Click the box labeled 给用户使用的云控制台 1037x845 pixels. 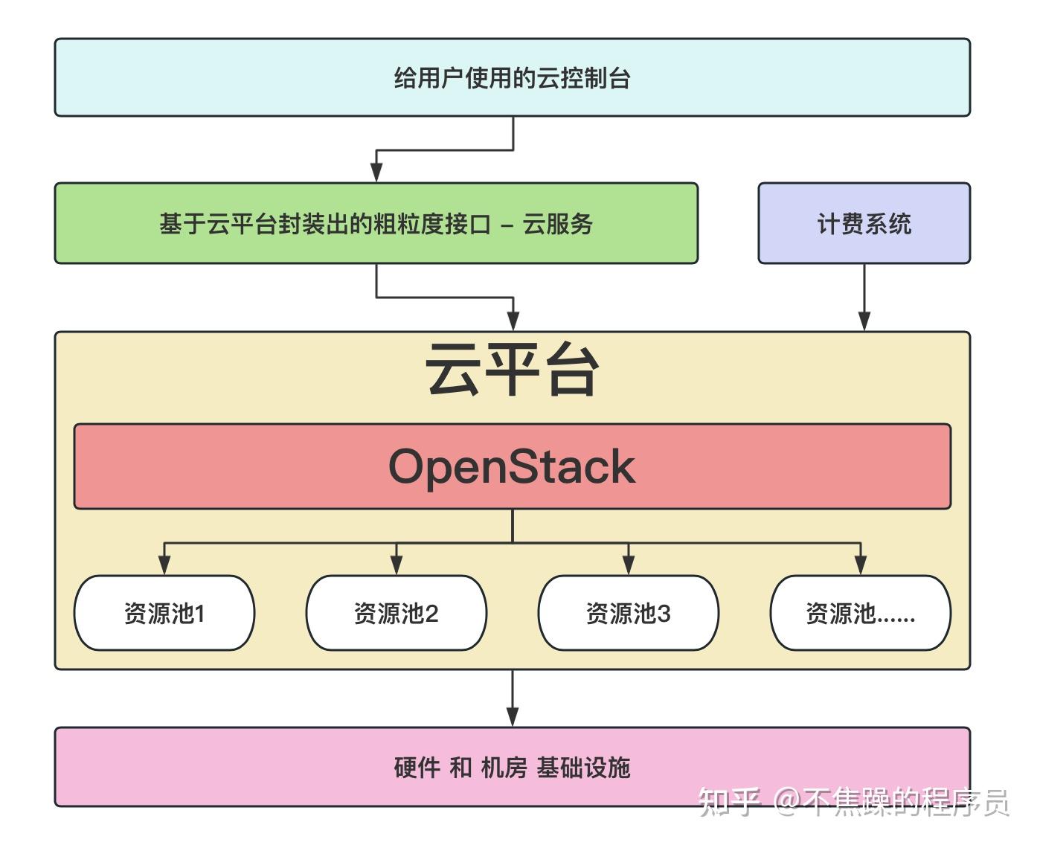pos(512,77)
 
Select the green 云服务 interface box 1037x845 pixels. pos(376,223)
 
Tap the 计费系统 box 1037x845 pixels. pos(864,223)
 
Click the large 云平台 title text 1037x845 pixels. pos(512,370)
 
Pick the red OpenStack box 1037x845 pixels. pos(512,466)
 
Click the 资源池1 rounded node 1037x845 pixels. pos(164,613)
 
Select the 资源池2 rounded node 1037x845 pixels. pos(396,613)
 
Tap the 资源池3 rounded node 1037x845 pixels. pos(628,613)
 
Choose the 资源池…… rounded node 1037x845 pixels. pos(860,613)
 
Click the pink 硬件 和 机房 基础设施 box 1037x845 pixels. pos(512,766)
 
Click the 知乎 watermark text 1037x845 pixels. pos(729,802)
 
